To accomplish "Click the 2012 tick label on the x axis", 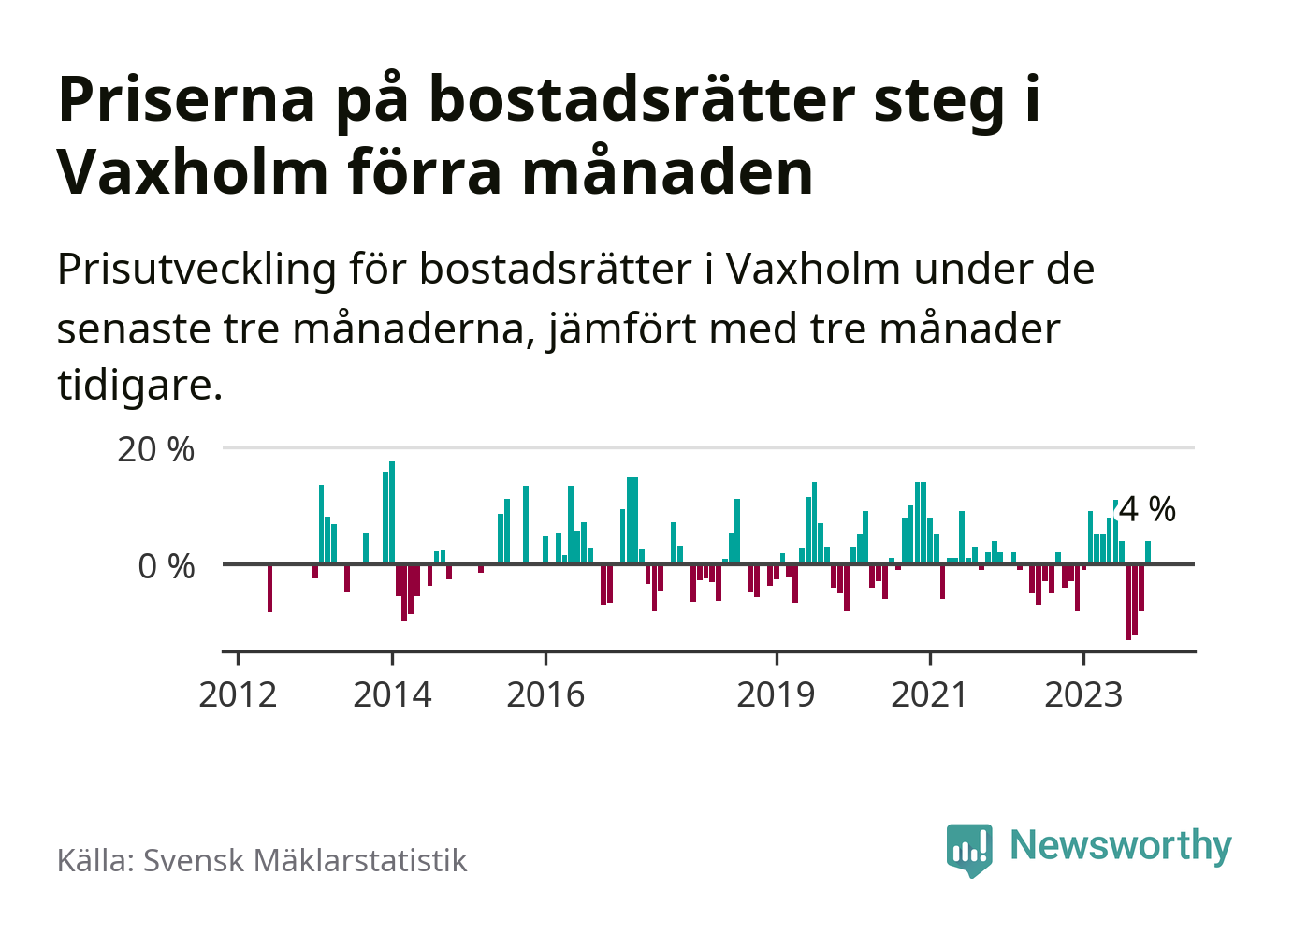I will point(238,694).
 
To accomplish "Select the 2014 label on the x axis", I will point(392,694).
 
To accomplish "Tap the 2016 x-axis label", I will point(545,694).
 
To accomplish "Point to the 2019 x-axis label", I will point(776,694).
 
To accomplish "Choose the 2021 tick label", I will point(929,694).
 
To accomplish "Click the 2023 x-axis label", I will point(1082,694).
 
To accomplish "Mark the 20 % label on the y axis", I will point(155,449).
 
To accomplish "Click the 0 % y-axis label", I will point(166,566).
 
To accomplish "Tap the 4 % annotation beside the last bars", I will point(1147,509).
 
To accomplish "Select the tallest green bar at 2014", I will point(392,513).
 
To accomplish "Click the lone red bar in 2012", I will point(269,588).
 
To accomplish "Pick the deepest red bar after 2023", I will point(1128,602).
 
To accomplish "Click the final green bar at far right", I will point(1148,552).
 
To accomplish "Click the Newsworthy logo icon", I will point(968,849).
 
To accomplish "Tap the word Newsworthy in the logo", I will point(1120,845).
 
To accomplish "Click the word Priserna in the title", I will point(187,98).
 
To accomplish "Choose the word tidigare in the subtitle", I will point(139,385).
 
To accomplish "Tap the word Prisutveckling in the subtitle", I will point(196,270).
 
